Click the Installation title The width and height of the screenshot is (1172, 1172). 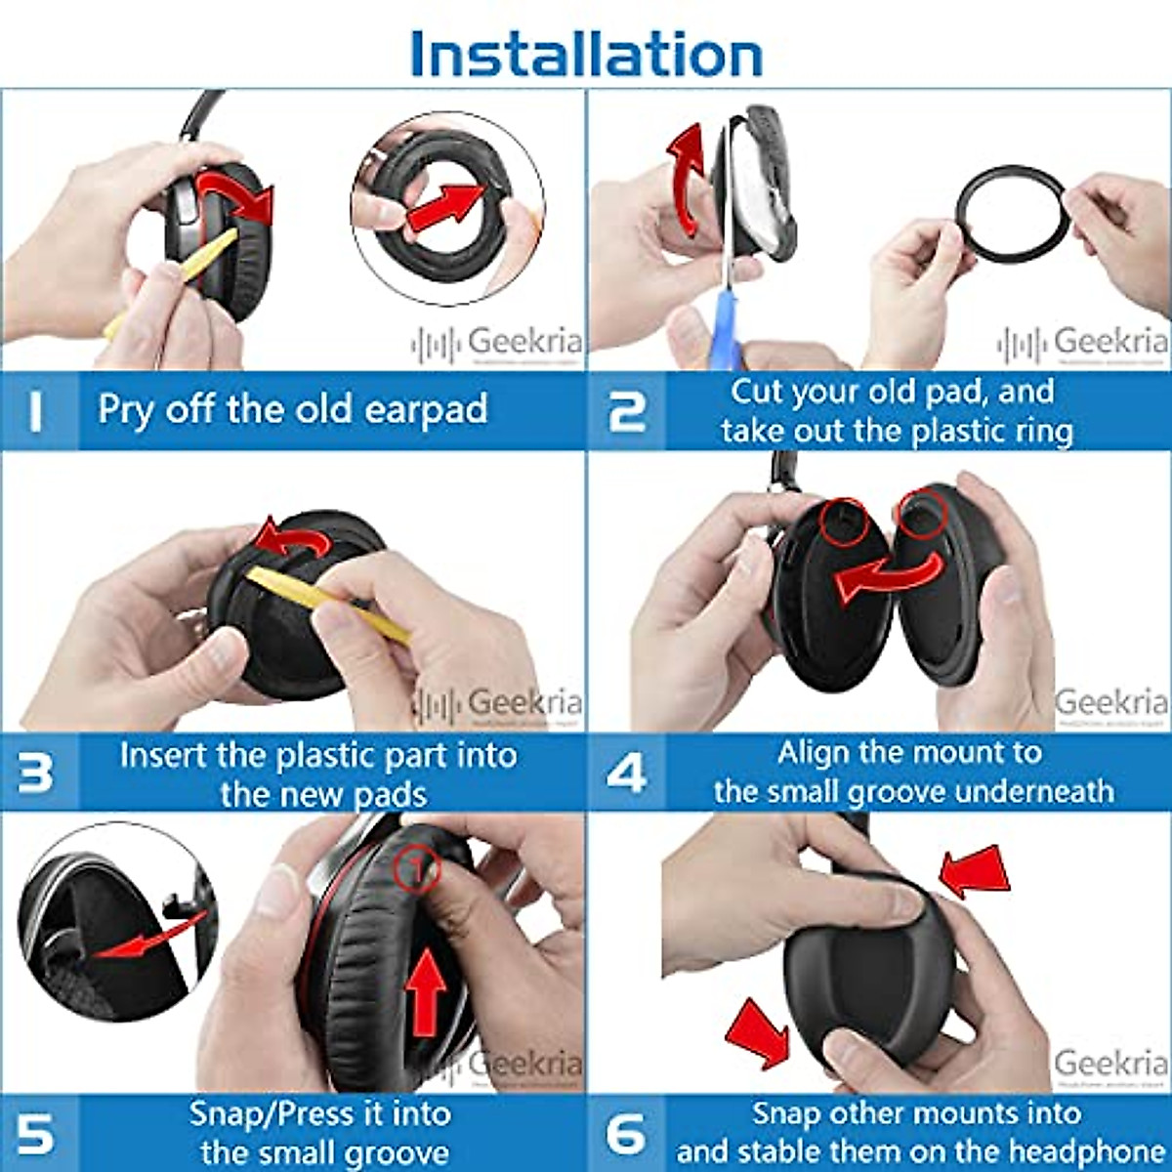586,53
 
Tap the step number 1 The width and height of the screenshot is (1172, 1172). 36,411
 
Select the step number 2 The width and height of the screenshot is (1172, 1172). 626,411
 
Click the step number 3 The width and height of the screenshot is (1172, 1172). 36,773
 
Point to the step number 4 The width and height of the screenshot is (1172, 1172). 626,773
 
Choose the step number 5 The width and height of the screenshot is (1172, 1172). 36,1134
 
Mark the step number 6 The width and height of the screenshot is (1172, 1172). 626,1134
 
